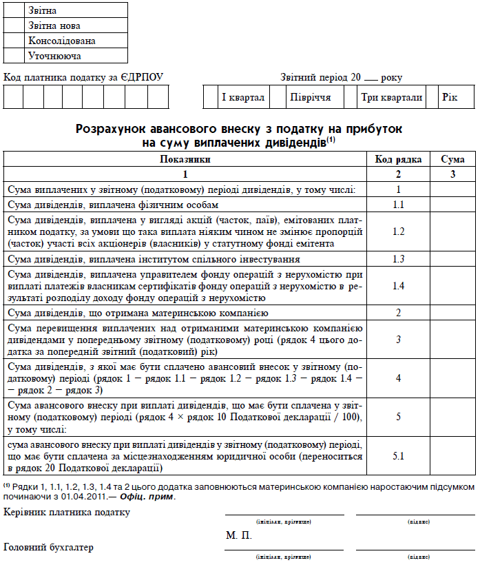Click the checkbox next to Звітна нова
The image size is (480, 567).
pos(14,25)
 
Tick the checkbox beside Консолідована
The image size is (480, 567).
pos(14,40)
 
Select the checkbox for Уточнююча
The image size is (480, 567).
pos(14,55)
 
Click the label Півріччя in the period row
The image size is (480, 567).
pos(310,97)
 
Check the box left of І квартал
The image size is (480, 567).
pos(210,97)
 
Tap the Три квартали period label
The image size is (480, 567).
pos(392,97)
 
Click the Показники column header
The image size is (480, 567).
pos(185,159)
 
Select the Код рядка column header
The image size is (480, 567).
pos(398,159)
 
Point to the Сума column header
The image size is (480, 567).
pos(452,159)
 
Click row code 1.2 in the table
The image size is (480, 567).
pos(398,231)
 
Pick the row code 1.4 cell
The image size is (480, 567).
pos(398,286)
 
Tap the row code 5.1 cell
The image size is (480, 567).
pos(398,455)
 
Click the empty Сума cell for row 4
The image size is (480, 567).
pos(452,378)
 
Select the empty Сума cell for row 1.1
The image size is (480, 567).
pos(452,205)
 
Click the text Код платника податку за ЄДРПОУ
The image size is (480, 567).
pos(83,77)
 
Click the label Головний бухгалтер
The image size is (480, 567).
pos(49,548)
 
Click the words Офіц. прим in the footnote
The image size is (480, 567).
pos(145,497)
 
